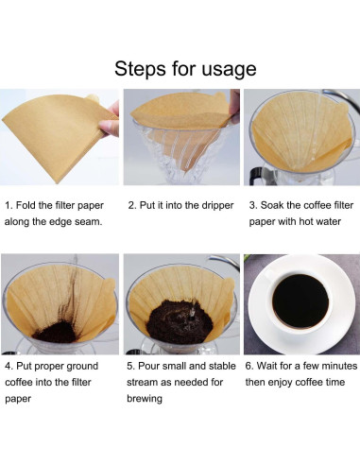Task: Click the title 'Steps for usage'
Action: click(x=184, y=69)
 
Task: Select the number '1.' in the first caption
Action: click(x=9, y=203)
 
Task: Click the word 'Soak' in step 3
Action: click(x=280, y=203)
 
